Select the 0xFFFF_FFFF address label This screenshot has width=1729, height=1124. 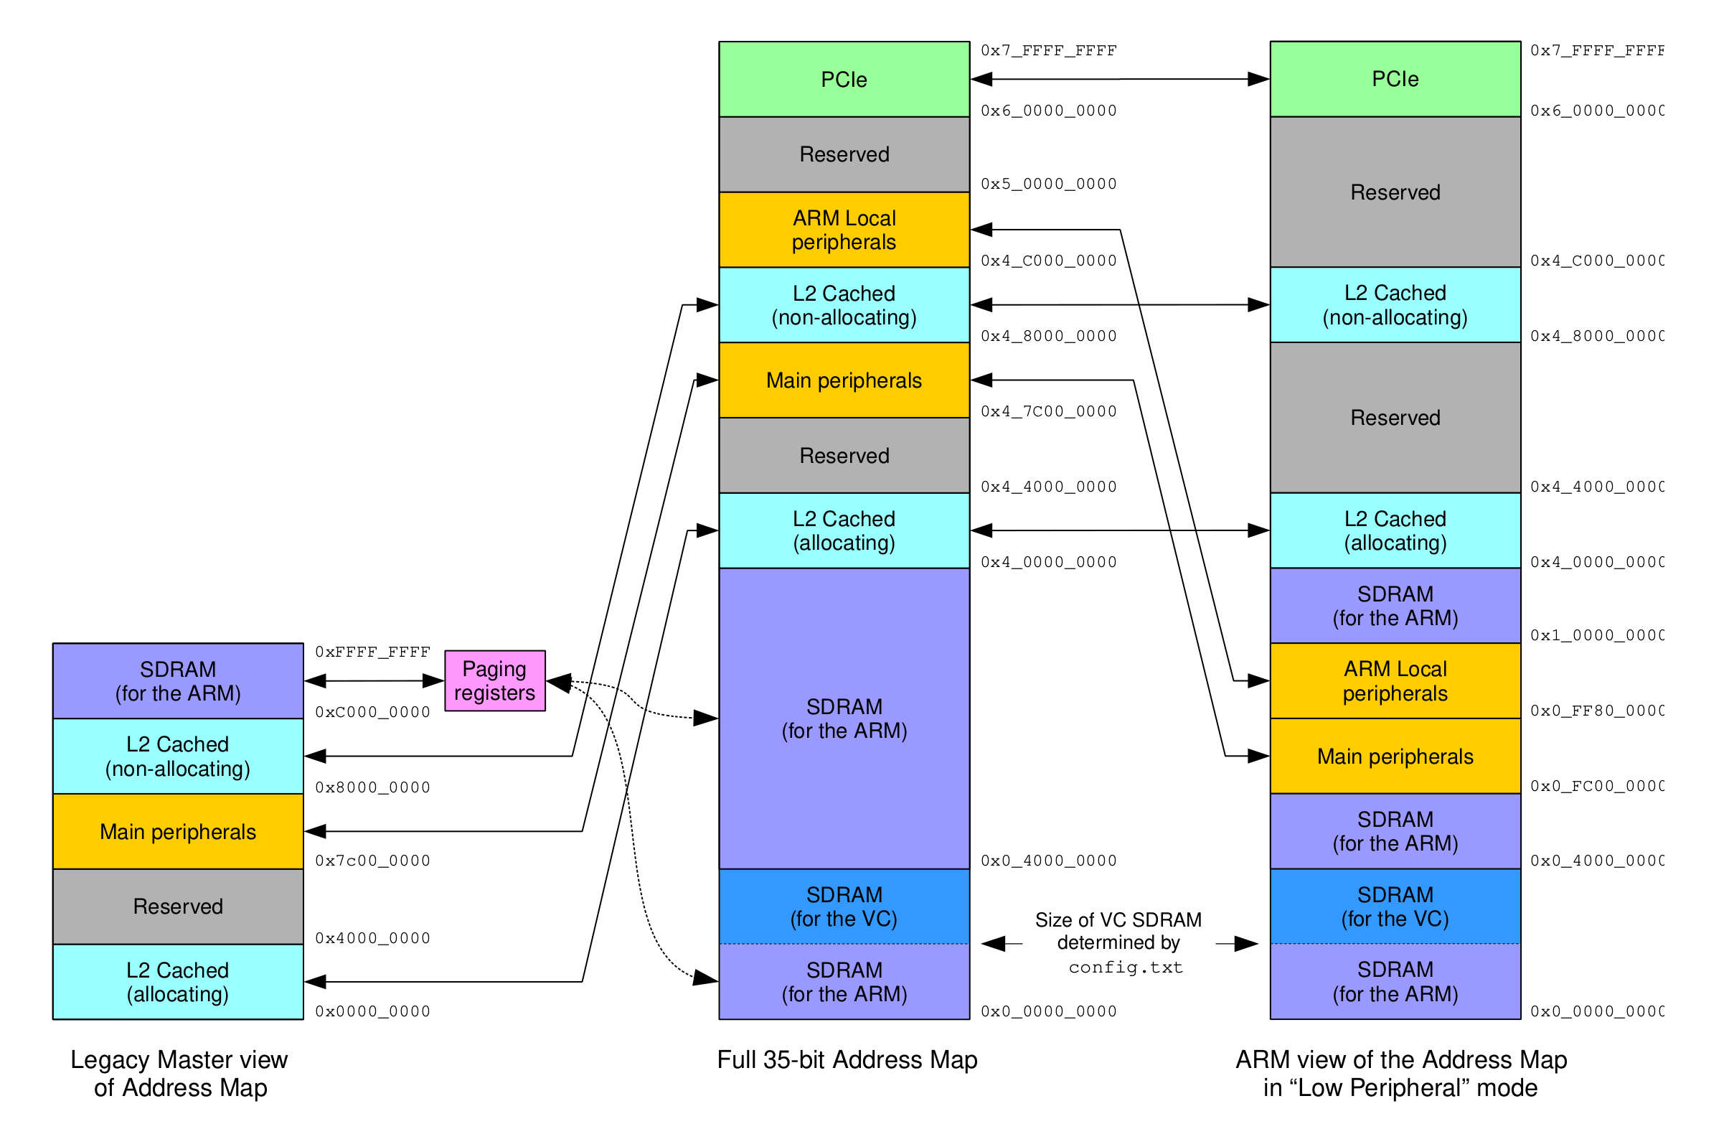tap(372, 652)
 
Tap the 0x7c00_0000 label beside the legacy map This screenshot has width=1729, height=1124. tap(372, 861)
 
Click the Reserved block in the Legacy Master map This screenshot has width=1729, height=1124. tap(177, 906)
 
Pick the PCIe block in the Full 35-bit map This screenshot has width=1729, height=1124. tap(844, 79)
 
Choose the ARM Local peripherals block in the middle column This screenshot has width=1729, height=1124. tap(844, 230)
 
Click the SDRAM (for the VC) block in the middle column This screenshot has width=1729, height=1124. tap(844, 906)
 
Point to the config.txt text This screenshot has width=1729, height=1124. tap(1126, 967)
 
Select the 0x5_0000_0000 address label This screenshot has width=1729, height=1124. tap(1048, 184)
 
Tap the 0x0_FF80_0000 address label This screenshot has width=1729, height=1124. tap(1596, 711)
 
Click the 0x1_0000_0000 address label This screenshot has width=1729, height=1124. tap(1596, 635)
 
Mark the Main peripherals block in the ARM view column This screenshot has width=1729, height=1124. tap(1395, 757)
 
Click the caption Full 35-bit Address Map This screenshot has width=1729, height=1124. tap(847, 1059)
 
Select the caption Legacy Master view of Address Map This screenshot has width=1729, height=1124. tap(179, 1073)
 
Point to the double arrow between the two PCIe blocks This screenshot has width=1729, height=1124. tap(1119, 78)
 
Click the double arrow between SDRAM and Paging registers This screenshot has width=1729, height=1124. tap(373, 681)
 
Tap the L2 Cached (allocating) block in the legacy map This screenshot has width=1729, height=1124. tap(177, 982)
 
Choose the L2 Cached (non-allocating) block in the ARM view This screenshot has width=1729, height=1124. tap(1395, 304)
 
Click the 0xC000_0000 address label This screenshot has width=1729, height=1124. tap(372, 712)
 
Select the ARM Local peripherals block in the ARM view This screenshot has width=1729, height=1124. tap(1395, 681)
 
